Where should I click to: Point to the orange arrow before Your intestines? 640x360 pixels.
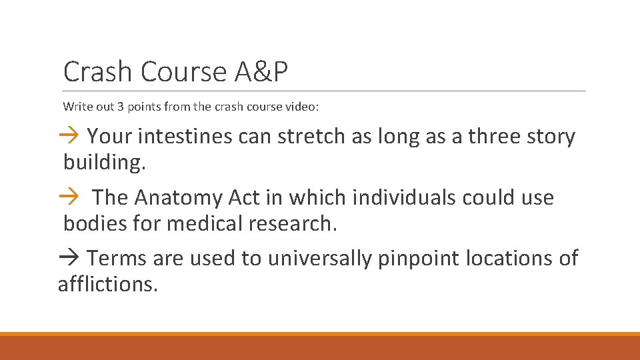coord(70,137)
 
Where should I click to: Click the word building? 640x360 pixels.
coord(103,163)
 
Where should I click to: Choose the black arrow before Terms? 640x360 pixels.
coord(70,258)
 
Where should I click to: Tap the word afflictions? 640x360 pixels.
coord(108,284)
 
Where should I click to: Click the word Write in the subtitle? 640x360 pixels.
coord(76,106)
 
